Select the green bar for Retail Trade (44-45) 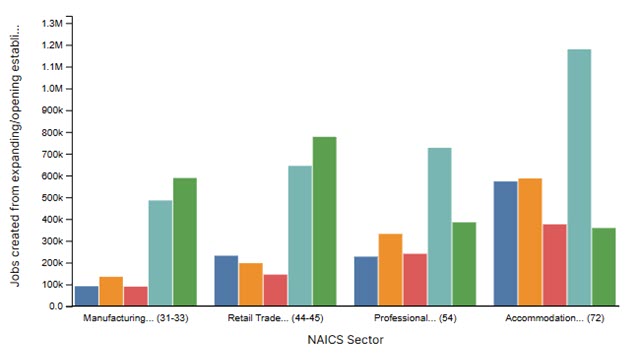(x=324, y=221)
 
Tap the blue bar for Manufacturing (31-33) (x=87, y=296)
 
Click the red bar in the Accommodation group (x=555, y=265)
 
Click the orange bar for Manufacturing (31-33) (x=111, y=291)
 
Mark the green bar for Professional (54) (x=463, y=264)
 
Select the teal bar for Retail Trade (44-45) (x=300, y=236)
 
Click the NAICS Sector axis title (x=345, y=340)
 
